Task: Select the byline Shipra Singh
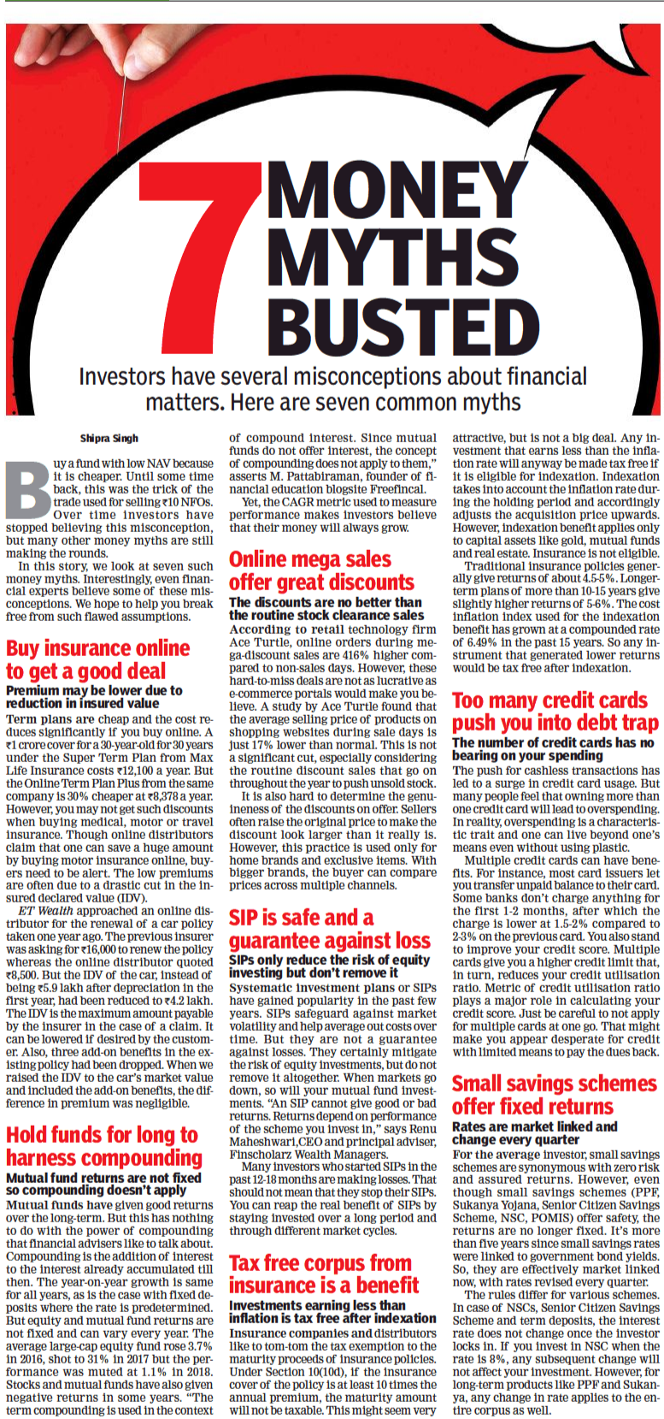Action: pyautogui.click(x=109, y=439)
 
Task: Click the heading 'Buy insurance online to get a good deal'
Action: pyautogui.click(x=97, y=659)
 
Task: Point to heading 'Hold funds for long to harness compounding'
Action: pyautogui.click(x=104, y=1146)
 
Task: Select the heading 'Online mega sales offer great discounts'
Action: pyautogui.click(x=321, y=571)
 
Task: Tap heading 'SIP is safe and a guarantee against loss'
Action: pyautogui.click(x=329, y=929)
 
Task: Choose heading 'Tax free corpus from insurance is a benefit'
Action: pyautogui.click(x=324, y=1274)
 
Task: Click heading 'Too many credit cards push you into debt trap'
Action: pyautogui.click(x=555, y=712)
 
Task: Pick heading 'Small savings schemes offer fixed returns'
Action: pyautogui.click(x=554, y=1095)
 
